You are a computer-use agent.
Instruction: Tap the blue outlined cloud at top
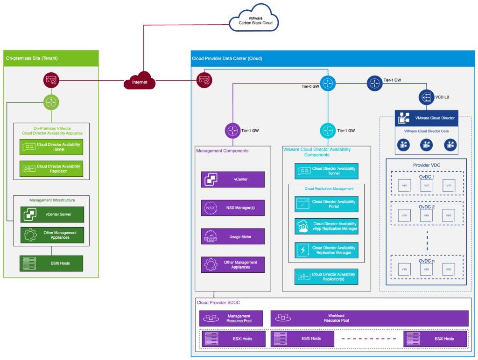[253, 19]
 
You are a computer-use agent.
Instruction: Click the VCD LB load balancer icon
[426, 97]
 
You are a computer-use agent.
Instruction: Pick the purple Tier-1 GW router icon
[232, 131]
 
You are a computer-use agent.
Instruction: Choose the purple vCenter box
[232, 180]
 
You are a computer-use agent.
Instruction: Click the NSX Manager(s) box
[232, 208]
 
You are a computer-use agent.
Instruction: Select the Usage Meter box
[232, 237]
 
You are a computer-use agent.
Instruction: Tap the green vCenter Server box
[51, 215]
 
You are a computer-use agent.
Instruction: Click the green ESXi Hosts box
[51, 263]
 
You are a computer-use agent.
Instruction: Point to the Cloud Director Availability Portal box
[326, 204]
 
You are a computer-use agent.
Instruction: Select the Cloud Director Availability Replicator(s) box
[326, 277]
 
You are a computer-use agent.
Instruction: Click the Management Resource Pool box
[231, 318]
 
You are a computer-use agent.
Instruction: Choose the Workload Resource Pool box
[369, 318]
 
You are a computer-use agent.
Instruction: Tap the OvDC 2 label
[427, 207]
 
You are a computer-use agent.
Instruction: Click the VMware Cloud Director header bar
[427, 118]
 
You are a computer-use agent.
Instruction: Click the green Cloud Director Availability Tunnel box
[51, 147]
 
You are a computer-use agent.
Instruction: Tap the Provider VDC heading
[427, 165]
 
